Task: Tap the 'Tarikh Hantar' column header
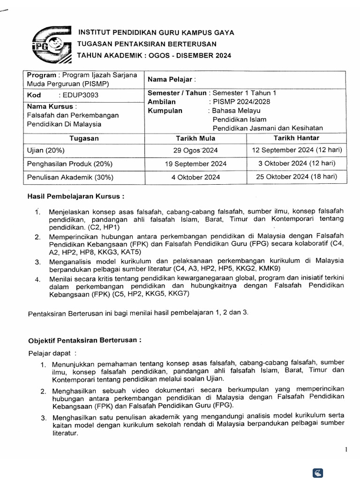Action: (x=296, y=138)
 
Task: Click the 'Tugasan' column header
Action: (x=84, y=139)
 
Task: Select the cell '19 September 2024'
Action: (x=195, y=164)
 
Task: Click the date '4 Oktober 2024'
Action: (x=195, y=177)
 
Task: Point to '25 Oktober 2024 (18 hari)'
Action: (x=297, y=176)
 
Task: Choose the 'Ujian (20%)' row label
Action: (x=46, y=150)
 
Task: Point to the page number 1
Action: (x=346, y=450)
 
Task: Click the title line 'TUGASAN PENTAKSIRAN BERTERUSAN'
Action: (x=147, y=44)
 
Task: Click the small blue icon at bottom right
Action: (x=317, y=473)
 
